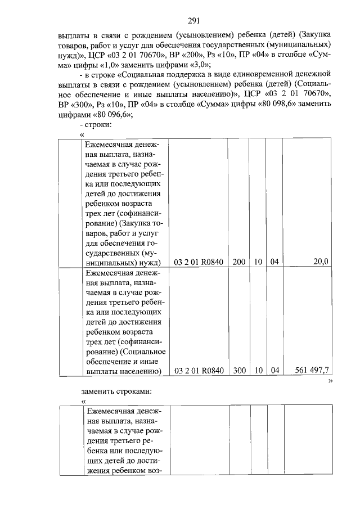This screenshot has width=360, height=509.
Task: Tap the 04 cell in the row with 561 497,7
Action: (x=274, y=370)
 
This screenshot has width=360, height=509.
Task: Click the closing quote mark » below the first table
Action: (x=330, y=381)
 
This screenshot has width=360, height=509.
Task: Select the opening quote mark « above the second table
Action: (x=83, y=401)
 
